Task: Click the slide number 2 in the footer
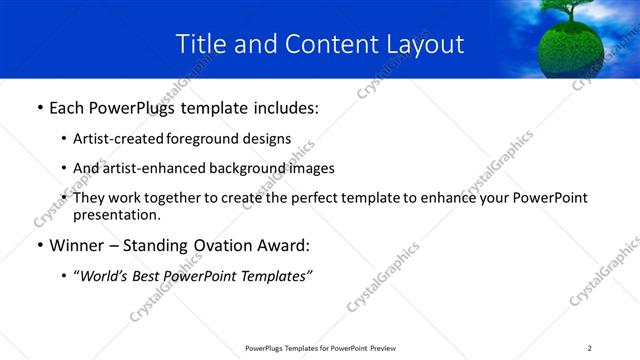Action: pyautogui.click(x=589, y=348)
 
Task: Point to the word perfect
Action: pyautogui.click(x=332, y=198)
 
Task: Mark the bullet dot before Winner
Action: pyautogui.click(x=39, y=246)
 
